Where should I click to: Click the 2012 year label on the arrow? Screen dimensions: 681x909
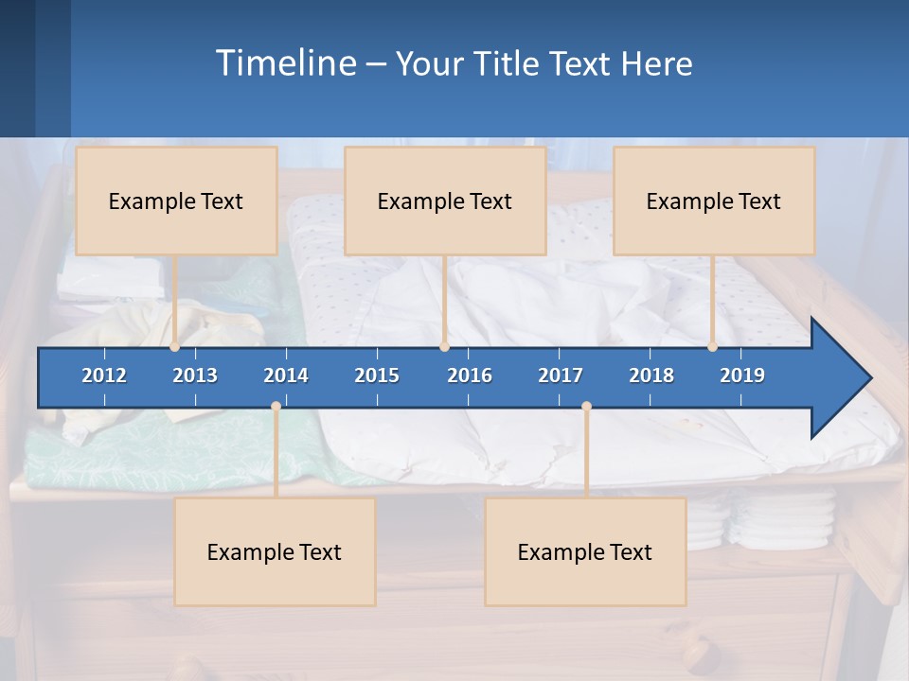(x=104, y=375)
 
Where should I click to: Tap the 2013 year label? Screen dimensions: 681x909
(x=195, y=375)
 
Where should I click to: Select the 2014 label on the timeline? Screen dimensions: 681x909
(x=286, y=375)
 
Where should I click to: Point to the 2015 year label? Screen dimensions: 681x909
(x=377, y=375)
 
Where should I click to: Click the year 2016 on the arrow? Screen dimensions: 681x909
(x=470, y=375)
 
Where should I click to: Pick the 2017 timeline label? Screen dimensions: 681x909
(x=561, y=375)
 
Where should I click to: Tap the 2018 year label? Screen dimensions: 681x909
(x=651, y=375)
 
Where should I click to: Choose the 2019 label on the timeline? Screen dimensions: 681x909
(x=742, y=375)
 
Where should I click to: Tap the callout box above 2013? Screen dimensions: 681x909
(x=176, y=201)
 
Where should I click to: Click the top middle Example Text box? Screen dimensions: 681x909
(x=445, y=201)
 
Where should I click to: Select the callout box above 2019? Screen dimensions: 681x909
(x=714, y=201)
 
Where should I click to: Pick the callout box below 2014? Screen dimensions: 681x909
(x=275, y=551)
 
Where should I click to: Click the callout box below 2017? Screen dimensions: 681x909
(x=585, y=551)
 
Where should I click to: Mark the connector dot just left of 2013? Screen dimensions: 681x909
(x=175, y=347)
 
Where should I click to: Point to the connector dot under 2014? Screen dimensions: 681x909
(x=276, y=407)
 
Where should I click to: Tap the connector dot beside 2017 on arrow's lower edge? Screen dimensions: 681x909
(x=586, y=407)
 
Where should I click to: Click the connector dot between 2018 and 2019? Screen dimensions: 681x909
(x=712, y=347)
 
